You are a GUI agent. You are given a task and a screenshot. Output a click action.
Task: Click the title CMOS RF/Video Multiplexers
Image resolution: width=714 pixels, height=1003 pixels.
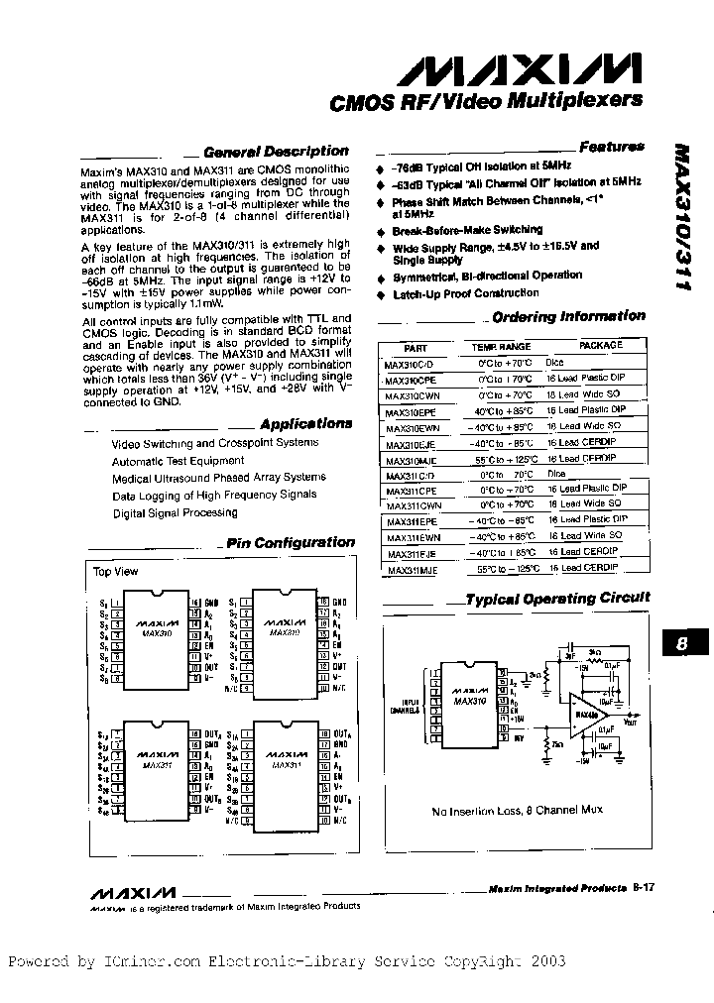click(x=484, y=100)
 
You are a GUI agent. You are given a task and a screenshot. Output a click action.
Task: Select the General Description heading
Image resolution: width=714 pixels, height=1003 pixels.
click(x=275, y=152)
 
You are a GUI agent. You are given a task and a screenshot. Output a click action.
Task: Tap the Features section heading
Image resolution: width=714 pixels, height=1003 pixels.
click(x=611, y=147)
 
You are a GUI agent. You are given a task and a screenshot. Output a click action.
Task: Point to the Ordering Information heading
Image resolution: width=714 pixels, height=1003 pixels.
click(x=568, y=316)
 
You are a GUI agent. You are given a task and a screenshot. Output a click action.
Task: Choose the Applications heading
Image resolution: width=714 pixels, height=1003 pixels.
click(x=306, y=423)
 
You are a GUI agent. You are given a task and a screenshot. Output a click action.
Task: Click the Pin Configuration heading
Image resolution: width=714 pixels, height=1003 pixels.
click(x=290, y=542)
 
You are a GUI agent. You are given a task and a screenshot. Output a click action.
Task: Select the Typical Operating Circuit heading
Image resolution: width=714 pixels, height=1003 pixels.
click(x=557, y=598)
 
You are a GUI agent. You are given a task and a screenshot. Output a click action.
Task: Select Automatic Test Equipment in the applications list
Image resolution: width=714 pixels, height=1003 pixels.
click(x=178, y=461)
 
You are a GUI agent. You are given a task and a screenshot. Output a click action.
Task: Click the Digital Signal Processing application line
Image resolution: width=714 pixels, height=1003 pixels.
click(x=175, y=512)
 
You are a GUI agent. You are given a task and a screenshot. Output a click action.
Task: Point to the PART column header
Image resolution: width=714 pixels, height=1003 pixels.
click(x=416, y=347)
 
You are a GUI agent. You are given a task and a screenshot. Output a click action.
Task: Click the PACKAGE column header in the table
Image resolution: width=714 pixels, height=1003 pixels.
click(x=600, y=346)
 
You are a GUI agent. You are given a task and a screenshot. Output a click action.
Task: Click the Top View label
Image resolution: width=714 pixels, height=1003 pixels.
click(x=115, y=572)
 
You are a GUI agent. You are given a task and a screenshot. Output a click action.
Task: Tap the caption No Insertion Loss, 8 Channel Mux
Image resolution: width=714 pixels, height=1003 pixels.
click(x=517, y=810)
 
